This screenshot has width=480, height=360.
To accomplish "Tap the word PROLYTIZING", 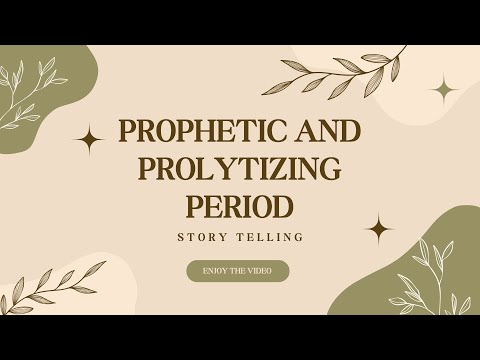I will click(240, 170).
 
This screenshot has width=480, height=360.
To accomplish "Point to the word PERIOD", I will click(240, 206).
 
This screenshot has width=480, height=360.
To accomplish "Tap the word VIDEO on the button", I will click(269, 271).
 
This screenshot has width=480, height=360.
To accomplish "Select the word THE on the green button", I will click(240, 271).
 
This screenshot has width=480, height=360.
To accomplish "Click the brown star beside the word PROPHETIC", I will click(91, 141).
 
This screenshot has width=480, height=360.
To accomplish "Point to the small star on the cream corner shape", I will click(443, 90).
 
